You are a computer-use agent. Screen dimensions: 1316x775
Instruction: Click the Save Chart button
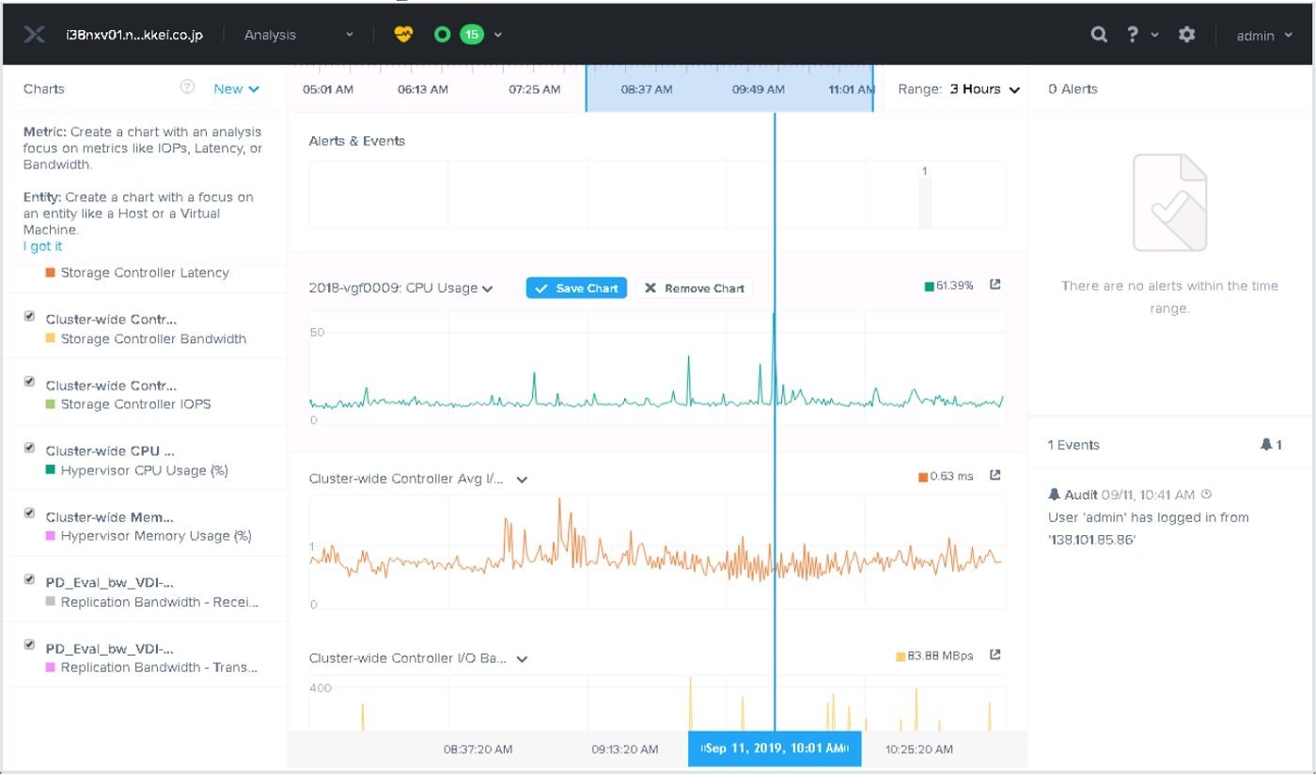pos(576,288)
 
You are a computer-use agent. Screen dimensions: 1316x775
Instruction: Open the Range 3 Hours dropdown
pos(985,89)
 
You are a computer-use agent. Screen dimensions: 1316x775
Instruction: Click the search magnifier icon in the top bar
pos(1099,35)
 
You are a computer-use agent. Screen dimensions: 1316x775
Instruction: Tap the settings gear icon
pos(1186,35)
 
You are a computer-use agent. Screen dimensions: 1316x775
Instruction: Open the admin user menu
pos(1264,36)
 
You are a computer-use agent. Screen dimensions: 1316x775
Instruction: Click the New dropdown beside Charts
pos(236,88)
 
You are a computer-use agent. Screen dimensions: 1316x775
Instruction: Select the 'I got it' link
pos(42,245)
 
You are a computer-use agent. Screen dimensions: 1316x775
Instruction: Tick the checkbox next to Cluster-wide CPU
pos(29,448)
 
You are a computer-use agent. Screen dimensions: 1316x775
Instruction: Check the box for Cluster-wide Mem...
pos(29,514)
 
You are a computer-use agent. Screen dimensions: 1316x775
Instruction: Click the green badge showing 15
pos(472,35)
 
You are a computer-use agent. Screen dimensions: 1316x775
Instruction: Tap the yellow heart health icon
pos(403,35)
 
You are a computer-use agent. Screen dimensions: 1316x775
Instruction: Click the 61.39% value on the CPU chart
pos(954,286)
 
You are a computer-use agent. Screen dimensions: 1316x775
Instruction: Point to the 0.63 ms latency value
pos(951,476)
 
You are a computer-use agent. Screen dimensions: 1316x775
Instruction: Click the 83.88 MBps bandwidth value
pos(940,656)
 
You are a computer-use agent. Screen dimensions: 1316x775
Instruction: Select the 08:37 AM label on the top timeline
pos(647,89)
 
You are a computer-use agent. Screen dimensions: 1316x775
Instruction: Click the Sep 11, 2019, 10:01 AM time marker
pos(775,749)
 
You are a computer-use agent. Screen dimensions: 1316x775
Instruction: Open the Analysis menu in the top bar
pos(299,35)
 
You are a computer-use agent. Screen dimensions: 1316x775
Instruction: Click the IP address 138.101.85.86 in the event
pos(1091,540)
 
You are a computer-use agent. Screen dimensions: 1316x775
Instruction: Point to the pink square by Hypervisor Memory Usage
pos(51,536)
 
